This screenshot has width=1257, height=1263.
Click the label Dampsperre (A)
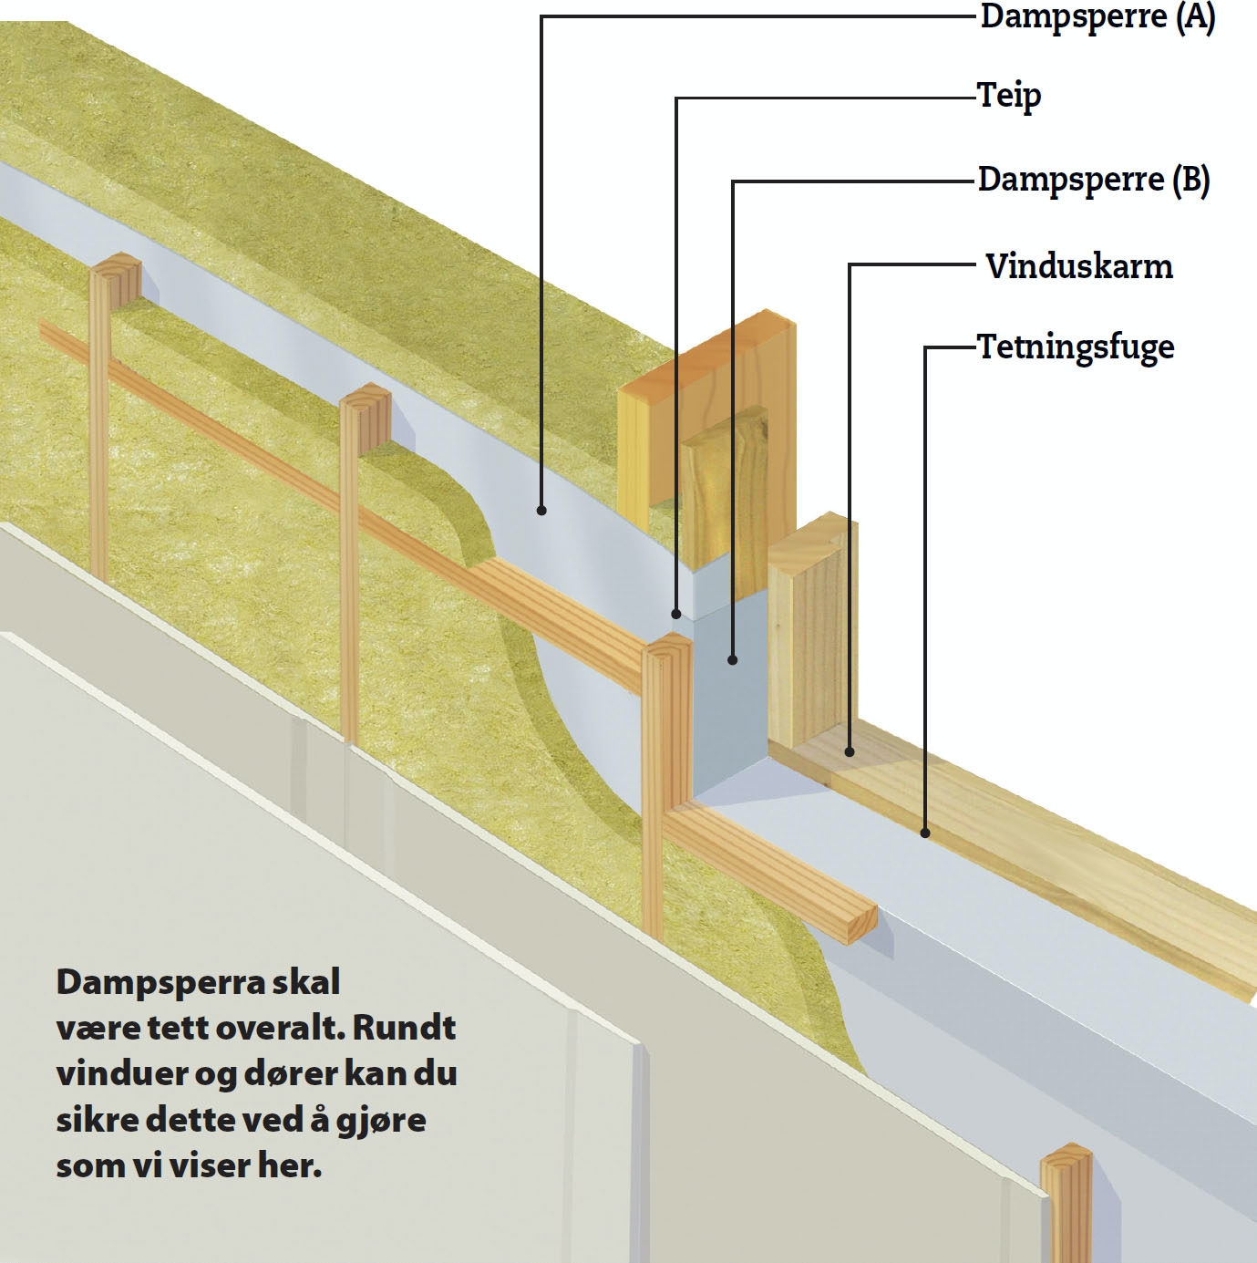point(1097,18)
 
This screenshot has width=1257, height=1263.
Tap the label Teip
point(1009,95)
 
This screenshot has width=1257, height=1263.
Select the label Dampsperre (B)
point(1093,180)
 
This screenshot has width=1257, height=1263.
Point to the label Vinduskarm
point(1079,266)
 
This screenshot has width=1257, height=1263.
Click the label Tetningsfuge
point(1076,347)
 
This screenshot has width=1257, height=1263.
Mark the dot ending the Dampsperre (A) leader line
point(541,511)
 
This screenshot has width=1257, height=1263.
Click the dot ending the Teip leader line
point(676,614)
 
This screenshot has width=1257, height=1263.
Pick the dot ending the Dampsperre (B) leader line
point(733,658)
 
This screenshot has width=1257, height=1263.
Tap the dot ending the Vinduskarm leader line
point(850,752)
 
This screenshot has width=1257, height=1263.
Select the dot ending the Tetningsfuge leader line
point(925,832)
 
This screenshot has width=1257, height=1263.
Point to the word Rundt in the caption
point(404,1029)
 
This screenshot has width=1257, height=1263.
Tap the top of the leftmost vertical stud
point(116,266)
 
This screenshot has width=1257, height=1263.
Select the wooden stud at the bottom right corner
point(1066,1204)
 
